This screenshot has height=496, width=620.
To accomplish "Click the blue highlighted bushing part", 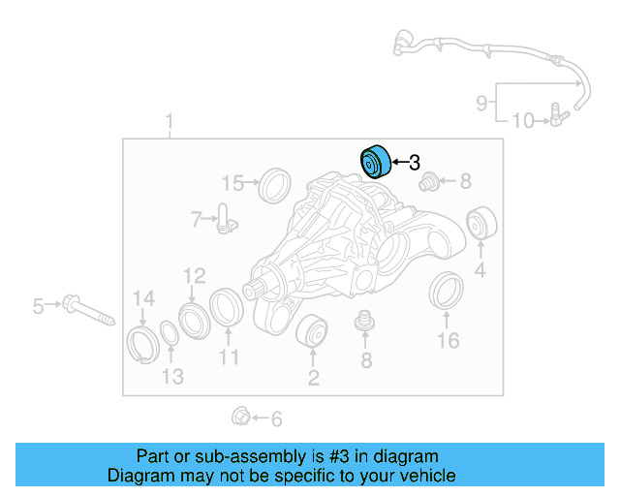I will point(374,162).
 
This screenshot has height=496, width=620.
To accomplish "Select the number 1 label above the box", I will point(169,122).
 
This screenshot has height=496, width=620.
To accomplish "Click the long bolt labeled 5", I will point(86,309).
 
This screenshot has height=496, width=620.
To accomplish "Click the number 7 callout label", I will point(196,220).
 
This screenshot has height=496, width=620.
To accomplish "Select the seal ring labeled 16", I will point(447,293).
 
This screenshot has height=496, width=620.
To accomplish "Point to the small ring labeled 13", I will point(169,334).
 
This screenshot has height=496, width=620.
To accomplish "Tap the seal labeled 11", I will point(227,306).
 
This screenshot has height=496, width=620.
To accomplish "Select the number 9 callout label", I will point(481,102).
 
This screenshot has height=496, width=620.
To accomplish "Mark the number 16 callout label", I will point(447,341).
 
